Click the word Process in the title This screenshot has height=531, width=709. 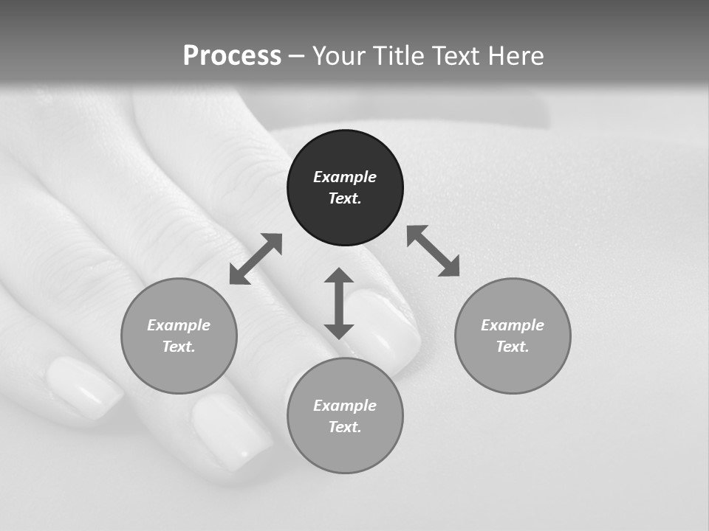click(232, 56)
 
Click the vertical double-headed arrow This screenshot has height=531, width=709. click(339, 303)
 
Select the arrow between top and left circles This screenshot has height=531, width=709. click(256, 259)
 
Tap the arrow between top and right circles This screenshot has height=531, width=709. click(433, 251)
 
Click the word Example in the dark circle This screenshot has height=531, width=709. click(345, 177)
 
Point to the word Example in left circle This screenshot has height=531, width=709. click(179, 325)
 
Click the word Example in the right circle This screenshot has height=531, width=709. click(513, 325)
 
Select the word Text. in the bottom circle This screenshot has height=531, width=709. click(345, 427)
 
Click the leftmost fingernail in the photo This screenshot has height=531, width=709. click(83, 386)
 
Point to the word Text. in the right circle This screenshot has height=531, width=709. click(513, 347)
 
